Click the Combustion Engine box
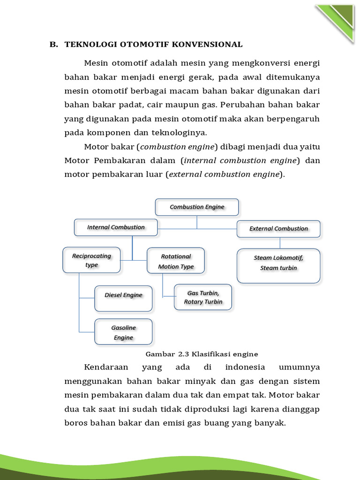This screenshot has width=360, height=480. (x=197, y=207)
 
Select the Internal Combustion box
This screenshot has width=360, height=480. (x=116, y=227)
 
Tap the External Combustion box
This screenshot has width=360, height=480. (x=278, y=229)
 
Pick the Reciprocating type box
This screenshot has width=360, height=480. (x=91, y=261)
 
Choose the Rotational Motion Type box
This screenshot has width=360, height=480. (x=176, y=262)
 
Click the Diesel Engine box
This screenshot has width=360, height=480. (x=123, y=298)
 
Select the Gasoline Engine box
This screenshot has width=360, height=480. (x=123, y=332)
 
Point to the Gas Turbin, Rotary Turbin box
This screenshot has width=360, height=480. (x=203, y=297)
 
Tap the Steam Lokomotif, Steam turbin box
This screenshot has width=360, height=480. (x=278, y=265)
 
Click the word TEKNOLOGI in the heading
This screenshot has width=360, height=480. (x=91, y=45)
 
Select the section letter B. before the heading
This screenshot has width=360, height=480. (x=54, y=45)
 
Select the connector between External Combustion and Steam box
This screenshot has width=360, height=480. (x=280, y=243)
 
